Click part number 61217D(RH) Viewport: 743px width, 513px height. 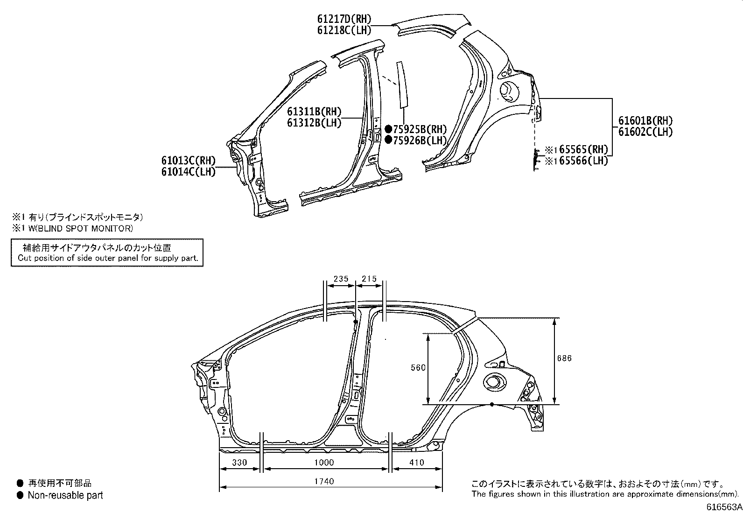pos(344,19)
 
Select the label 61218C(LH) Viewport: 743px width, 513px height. pos(344,30)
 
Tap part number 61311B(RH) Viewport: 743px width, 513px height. pos(314,112)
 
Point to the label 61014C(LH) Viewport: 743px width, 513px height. pos(189,172)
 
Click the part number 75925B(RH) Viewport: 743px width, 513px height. pos(420,129)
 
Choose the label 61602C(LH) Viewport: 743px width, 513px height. pos(645,132)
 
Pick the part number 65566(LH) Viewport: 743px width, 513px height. pos(581,161)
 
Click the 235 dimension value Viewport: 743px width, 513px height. pos(341,279)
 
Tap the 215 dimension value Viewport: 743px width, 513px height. pos(369,279)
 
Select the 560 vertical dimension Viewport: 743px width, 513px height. pos(418,368)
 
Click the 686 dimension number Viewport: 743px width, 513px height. pos(564,358)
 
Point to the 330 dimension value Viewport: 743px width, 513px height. pos(239,463)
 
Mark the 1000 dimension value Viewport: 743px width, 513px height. pos(324,463)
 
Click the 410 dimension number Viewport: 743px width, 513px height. pos(416,463)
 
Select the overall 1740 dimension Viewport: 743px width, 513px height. pos(324,481)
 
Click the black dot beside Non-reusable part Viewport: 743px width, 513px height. pos(20,495)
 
